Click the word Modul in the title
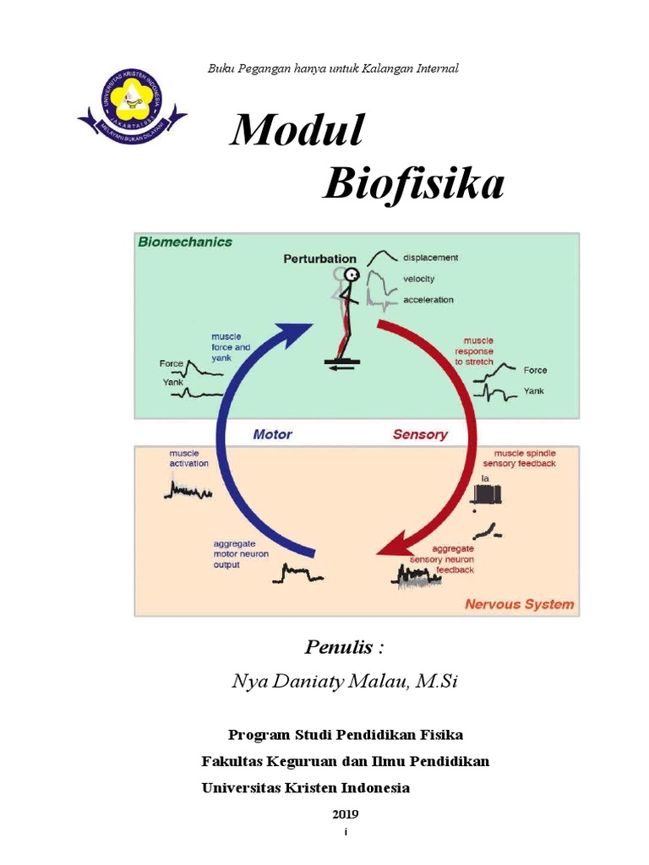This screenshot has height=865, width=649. click(x=297, y=132)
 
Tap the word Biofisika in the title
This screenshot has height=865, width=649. click(x=413, y=184)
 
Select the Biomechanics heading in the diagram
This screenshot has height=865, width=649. click(x=184, y=242)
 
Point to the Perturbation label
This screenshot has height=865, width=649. click(x=319, y=258)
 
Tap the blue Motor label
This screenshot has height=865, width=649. click(x=272, y=434)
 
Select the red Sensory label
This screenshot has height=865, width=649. click(x=420, y=434)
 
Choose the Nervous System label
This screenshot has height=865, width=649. click(x=519, y=604)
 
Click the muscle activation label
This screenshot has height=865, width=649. click(x=188, y=458)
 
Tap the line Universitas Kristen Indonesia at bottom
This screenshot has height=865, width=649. click(x=305, y=787)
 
